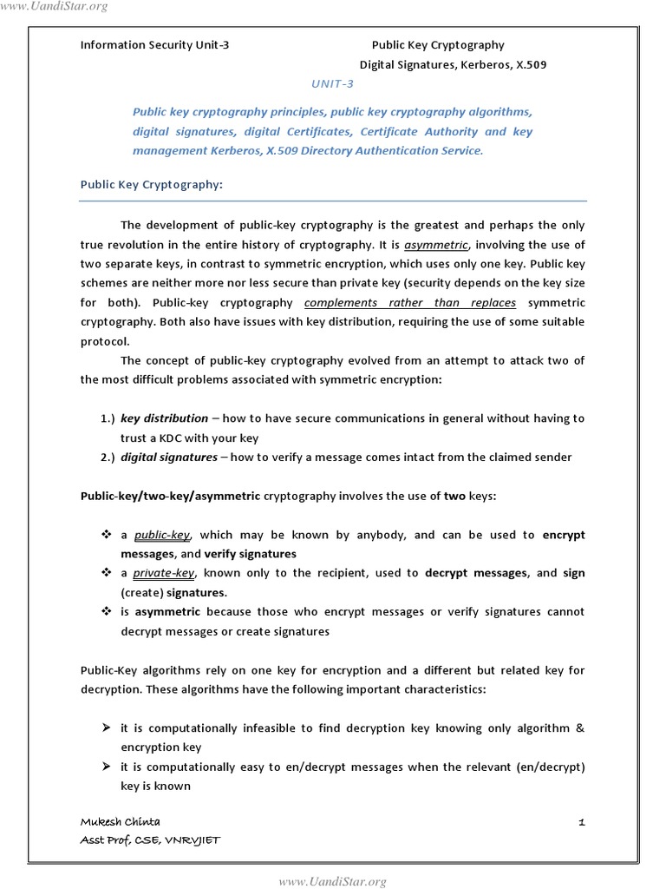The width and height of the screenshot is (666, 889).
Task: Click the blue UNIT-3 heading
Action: [x=332, y=84]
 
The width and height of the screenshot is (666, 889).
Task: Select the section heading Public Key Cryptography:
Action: [x=152, y=184]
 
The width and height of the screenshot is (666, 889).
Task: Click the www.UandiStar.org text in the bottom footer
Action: [x=331, y=882]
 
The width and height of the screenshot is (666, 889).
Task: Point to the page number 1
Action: [x=582, y=821]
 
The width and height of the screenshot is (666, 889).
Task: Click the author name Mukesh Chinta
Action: [x=120, y=821]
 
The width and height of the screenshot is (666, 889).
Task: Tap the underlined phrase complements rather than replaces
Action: [x=410, y=302]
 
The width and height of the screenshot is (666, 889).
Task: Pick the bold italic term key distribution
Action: [x=165, y=418]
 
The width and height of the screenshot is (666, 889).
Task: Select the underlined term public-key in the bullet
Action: [x=162, y=535]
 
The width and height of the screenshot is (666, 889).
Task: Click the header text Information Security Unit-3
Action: [x=155, y=45]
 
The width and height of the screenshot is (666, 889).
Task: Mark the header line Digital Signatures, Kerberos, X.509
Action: [x=453, y=64]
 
